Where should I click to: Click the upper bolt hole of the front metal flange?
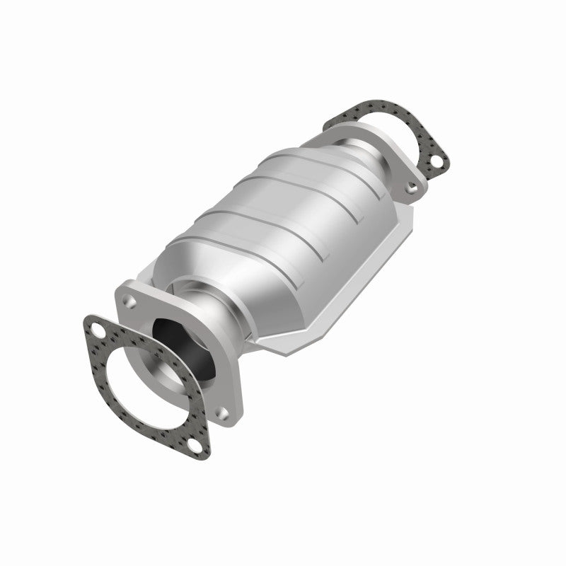tap(129, 301)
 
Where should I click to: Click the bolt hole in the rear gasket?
tap(438, 163)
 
